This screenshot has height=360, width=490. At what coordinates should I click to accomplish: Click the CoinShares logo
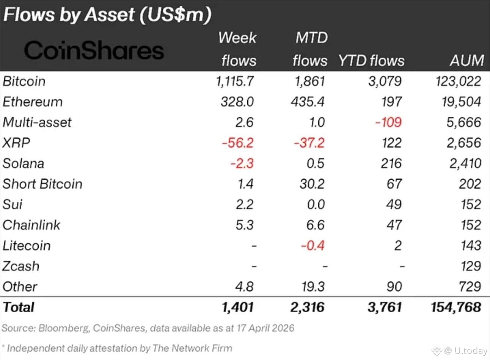94,50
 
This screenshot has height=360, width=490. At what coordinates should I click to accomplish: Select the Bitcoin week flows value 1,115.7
235,81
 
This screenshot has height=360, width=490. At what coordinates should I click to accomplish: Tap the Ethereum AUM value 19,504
461,102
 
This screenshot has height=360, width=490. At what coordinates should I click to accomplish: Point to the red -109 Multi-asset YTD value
388,122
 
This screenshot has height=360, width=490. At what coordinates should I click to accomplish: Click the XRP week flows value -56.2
237,143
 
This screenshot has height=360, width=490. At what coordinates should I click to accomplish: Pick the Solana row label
24,163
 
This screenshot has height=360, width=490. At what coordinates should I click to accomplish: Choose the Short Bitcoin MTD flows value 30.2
312,184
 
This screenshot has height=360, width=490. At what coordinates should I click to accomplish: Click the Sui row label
13,204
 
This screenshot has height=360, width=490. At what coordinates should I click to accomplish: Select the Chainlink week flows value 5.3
244,225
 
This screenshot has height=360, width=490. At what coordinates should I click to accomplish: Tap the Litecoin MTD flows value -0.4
313,246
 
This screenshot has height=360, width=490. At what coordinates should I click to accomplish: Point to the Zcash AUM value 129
470,266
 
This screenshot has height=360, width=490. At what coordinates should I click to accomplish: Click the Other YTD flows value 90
394,286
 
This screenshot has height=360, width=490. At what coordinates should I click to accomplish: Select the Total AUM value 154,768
456,307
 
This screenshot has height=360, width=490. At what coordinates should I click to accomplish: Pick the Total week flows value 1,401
237,307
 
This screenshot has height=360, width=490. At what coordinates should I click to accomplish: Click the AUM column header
467,61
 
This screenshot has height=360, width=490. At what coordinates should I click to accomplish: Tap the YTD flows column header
371,61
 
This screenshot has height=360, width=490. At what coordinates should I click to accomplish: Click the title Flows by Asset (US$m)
107,15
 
